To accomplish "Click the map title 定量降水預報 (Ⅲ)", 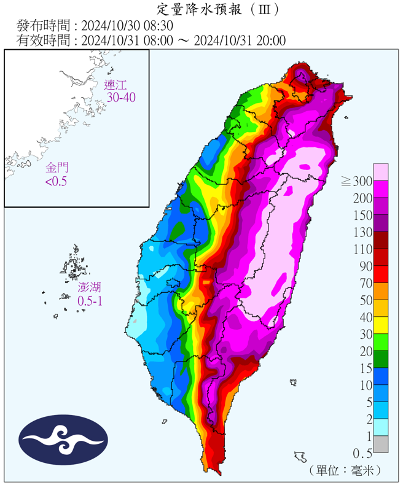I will tap(209, 9).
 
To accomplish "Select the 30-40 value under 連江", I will tap(120, 97).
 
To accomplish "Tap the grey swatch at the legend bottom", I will tap(381, 444).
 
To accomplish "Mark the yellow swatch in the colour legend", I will tap(381, 326).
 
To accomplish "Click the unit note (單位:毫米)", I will tap(346, 470).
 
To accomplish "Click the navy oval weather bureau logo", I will tap(63, 439).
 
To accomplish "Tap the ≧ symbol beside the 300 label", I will tap(346, 181).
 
